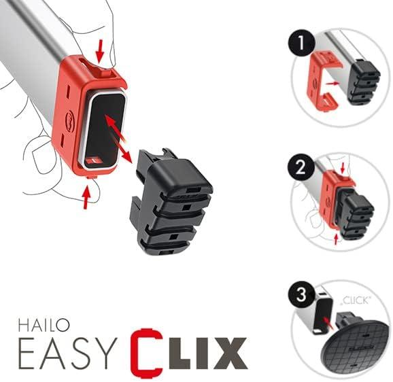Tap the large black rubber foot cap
coord(169,201)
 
